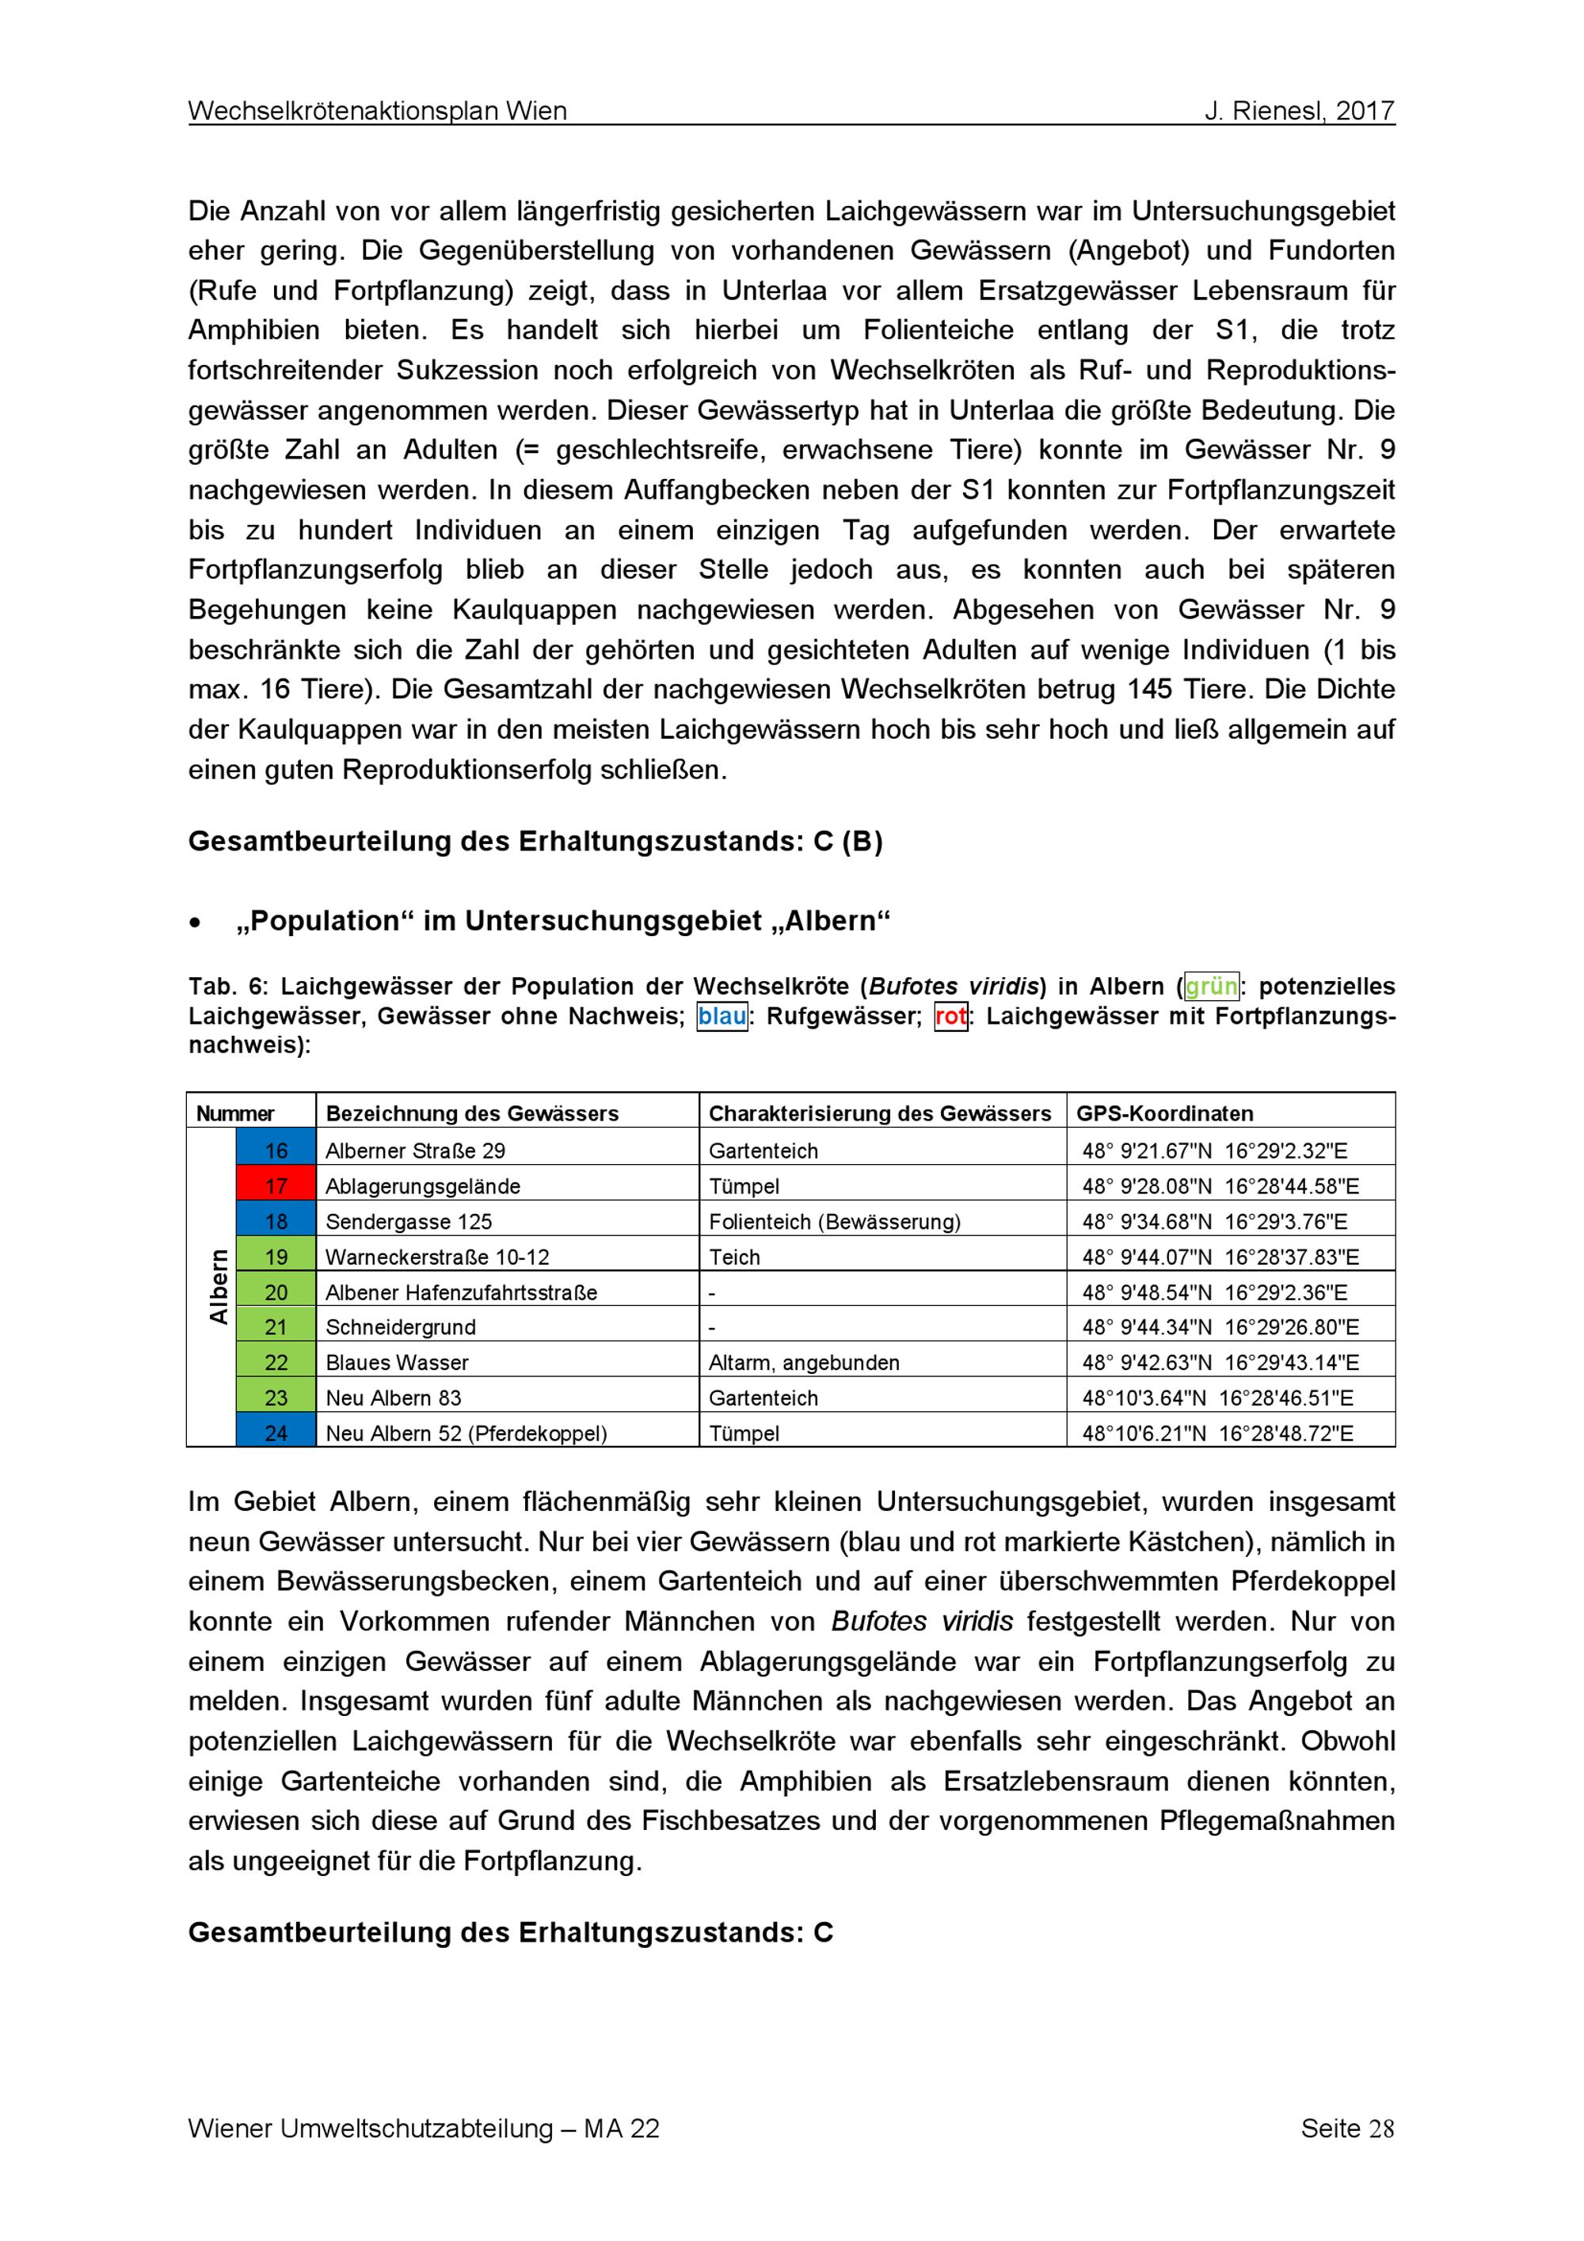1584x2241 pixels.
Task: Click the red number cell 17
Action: (276, 1186)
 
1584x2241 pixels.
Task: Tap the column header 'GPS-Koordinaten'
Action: (1164, 1113)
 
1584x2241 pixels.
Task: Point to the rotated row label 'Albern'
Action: (219, 1287)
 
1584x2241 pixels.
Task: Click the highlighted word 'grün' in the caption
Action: (1210, 986)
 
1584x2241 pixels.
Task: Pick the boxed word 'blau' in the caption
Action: (722, 1016)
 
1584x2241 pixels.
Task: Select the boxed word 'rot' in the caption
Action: (950, 1016)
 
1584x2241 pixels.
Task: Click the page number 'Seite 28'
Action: (1347, 2128)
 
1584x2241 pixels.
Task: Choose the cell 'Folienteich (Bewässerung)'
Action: (835, 1221)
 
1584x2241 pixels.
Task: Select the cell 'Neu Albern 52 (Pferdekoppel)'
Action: (466, 1432)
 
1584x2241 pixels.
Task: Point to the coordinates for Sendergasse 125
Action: (1214, 1221)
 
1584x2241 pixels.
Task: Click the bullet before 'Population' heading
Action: (196, 923)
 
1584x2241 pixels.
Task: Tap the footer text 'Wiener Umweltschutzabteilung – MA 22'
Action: (424, 2128)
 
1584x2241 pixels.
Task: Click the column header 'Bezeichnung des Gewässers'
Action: (472, 1113)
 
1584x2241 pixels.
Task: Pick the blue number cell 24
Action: (276, 1432)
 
